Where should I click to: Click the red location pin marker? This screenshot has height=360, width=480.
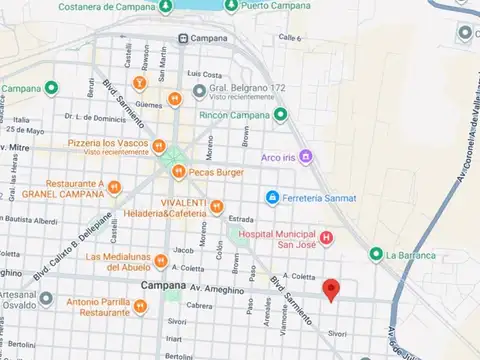331,290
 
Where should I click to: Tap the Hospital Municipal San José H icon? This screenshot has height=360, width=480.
326,237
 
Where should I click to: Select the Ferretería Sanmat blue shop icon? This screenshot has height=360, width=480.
271,197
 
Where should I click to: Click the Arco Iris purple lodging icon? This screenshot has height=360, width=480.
306,156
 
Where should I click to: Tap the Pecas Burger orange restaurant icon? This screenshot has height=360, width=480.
178,172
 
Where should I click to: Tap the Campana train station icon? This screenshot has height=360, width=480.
183,38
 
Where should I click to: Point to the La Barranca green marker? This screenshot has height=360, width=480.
376,254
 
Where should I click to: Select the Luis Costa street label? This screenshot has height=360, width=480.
205,74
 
